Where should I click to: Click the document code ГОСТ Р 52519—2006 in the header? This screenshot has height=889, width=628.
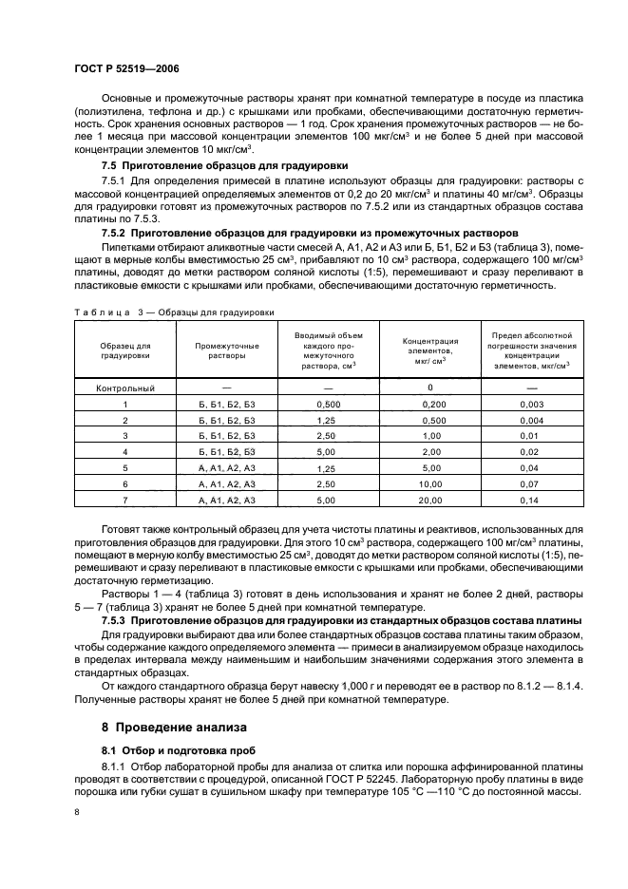tap(125, 69)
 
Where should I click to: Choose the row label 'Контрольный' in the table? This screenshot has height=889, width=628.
tap(124, 388)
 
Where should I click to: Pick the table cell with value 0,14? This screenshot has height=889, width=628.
tap(530, 500)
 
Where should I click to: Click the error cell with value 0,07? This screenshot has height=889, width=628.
tap(530, 483)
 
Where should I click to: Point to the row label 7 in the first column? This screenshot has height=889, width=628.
tap(124, 500)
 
